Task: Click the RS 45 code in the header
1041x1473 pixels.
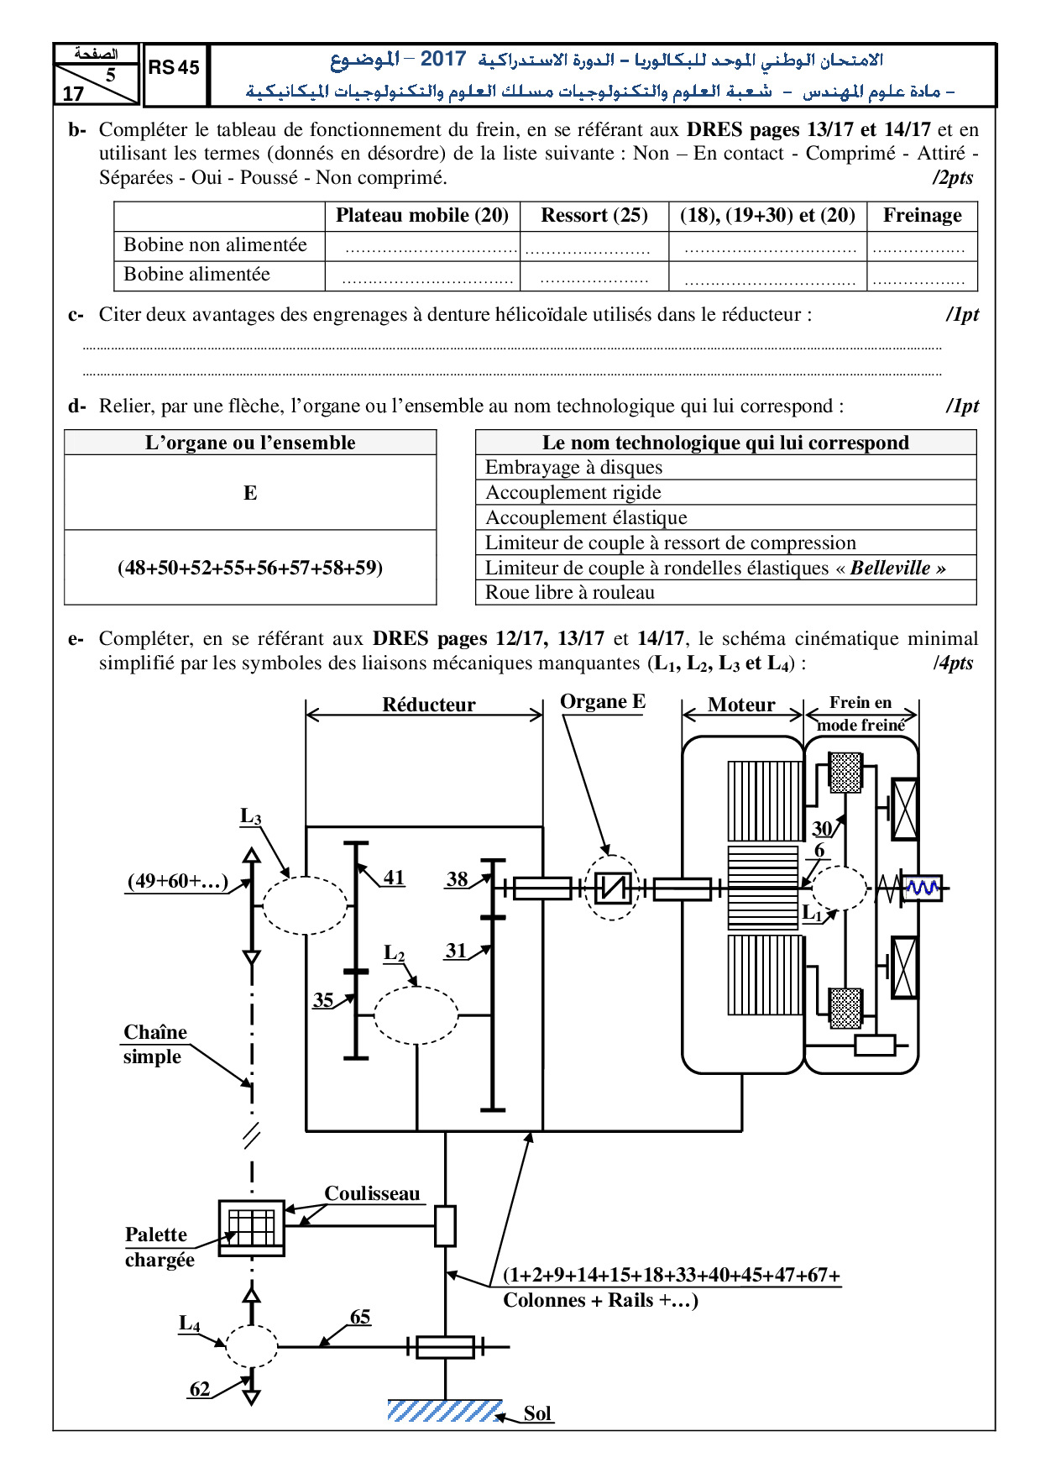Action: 174,68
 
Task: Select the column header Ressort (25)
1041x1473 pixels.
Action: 594,215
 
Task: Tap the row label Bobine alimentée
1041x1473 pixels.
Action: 197,274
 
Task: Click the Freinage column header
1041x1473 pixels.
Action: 923,215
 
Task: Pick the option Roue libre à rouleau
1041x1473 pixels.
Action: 570,592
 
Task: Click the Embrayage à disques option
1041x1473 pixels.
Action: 574,467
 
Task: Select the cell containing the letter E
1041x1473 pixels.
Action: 250,493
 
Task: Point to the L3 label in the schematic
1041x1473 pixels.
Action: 251,816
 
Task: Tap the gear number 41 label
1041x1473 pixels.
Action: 395,878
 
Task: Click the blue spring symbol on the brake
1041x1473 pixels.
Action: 923,887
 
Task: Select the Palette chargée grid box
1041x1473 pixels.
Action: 252,1228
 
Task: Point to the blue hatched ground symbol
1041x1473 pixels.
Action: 445,1410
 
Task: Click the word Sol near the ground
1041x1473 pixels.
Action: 537,1413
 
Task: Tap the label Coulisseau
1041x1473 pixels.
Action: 372,1193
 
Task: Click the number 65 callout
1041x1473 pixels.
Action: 360,1317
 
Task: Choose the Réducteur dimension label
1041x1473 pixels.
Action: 428,705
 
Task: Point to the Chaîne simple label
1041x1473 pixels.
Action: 155,1044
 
